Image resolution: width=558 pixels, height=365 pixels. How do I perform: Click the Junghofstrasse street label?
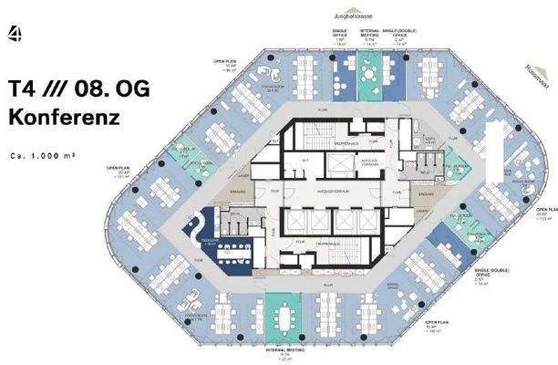(365, 13)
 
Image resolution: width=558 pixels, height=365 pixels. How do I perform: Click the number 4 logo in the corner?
(15, 35)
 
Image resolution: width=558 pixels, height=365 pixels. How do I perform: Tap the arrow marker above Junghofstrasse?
(365, 5)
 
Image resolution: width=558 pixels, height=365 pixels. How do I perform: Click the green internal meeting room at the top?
(369, 71)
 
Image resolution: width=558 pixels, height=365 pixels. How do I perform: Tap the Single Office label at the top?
(338, 36)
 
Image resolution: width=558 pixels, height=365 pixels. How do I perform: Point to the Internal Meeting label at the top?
(369, 36)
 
